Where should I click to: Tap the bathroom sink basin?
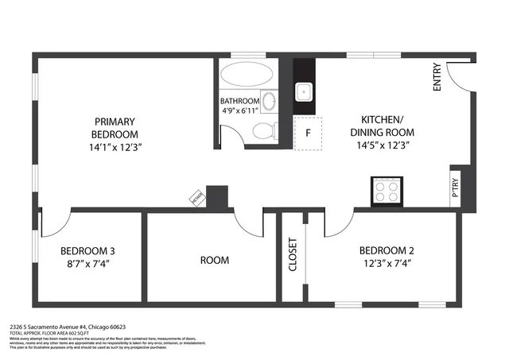pyautogui.click(x=270, y=102)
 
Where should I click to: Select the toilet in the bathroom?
pyautogui.click(x=264, y=131)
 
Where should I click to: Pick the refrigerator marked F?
pyautogui.click(x=307, y=134)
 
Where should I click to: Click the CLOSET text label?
pyautogui.click(x=292, y=254)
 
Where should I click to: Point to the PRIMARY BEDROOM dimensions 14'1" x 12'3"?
pyautogui.click(x=117, y=147)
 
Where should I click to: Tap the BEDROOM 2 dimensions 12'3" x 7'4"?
pyautogui.click(x=387, y=263)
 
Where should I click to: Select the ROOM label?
pyautogui.click(x=214, y=260)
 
